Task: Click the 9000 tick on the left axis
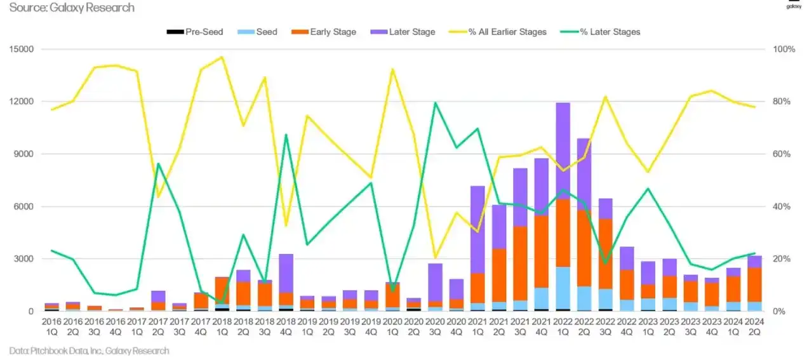click(x=25, y=154)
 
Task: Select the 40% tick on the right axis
click(x=782, y=206)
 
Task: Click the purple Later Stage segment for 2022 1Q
click(x=563, y=150)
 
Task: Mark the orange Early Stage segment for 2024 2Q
click(x=754, y=284)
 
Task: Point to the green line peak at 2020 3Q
click(x=435, y=103)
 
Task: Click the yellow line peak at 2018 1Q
click(x=222, y=57)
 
